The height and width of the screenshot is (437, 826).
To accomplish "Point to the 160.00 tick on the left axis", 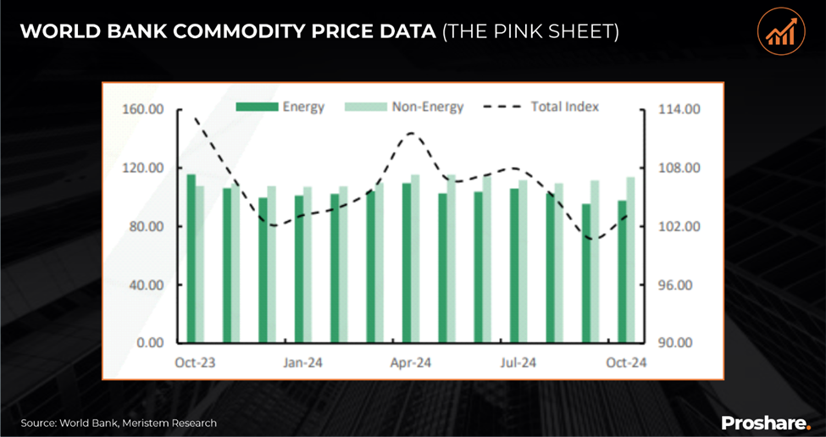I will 145,110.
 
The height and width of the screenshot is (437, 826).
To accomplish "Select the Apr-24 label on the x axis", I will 411,363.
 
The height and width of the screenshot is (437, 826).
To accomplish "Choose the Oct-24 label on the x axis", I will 627,363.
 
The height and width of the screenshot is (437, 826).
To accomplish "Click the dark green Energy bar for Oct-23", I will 191,258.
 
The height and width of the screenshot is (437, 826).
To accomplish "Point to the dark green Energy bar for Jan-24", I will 299,269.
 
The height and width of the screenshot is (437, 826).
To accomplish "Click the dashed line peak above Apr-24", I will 412,133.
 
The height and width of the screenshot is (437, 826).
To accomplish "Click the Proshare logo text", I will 766,422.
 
